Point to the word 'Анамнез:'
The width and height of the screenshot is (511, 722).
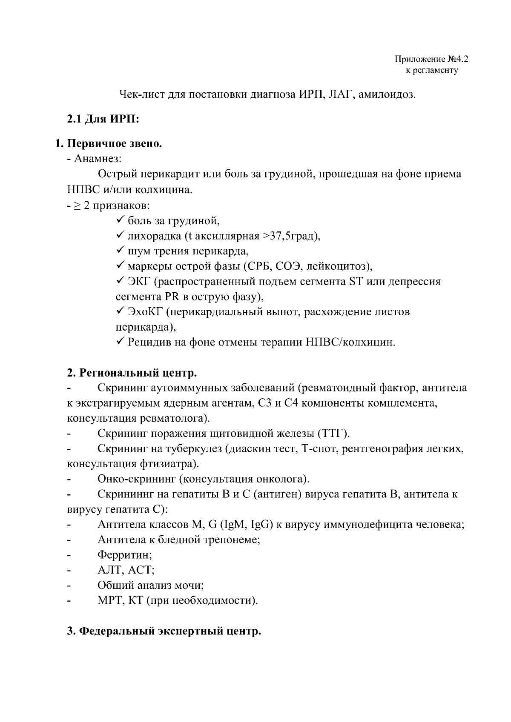tap(98, 159)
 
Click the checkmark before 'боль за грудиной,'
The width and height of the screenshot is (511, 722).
tap(120, 220)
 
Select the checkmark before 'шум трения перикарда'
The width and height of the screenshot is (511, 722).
tap(120, 251)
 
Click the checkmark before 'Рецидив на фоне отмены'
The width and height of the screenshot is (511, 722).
tap(120, 342)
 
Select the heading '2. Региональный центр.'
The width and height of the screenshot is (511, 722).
tap(132, 373)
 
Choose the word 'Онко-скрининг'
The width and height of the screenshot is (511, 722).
tap(136, 479)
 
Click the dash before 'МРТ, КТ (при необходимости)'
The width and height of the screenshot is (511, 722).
tap(69, 601)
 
